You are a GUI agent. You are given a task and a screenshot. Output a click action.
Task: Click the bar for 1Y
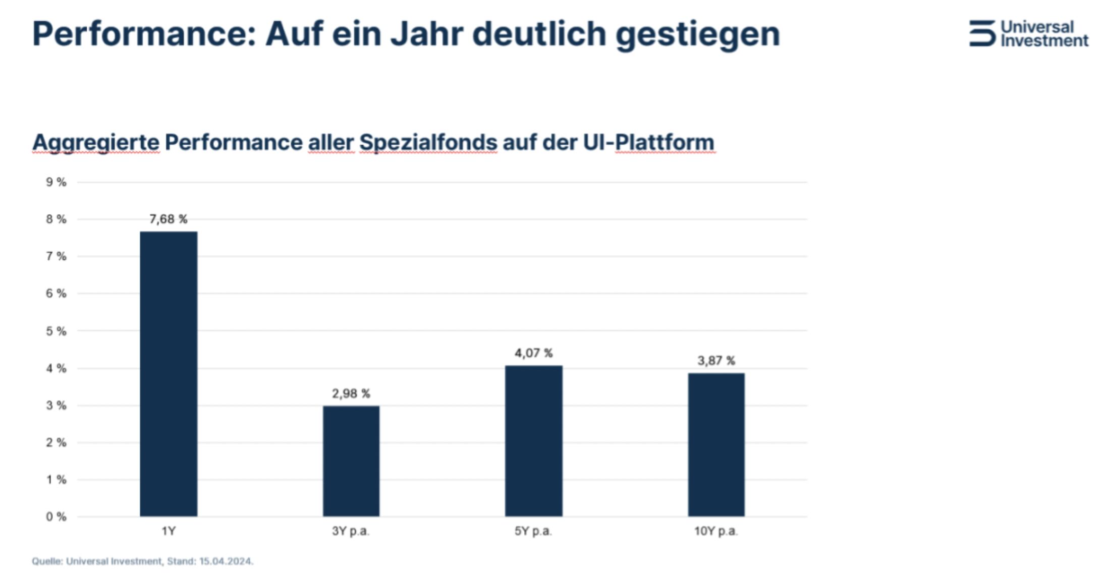pos(169,374)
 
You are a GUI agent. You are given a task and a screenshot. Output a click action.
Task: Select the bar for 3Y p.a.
pos(351,461)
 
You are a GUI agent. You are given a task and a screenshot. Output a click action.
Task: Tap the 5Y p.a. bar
pos(533,441)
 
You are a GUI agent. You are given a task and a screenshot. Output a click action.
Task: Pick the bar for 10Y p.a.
pos(716,444)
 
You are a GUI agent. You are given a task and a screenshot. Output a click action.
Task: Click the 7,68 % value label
pos(169,219)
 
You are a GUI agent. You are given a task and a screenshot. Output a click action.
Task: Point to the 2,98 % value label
pos(351,393)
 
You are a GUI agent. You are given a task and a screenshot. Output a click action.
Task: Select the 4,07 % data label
pos(533,353)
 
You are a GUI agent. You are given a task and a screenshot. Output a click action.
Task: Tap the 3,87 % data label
pos(716,361)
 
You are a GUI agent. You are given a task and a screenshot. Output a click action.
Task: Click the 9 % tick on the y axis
pos(56,182)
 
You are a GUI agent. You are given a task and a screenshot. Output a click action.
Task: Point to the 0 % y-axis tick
pos(56,516)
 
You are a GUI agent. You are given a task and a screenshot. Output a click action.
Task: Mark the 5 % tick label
pos(56,331)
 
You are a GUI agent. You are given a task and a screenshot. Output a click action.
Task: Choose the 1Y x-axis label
pos(169,531)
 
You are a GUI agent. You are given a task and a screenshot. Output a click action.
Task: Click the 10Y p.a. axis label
pos(716,531)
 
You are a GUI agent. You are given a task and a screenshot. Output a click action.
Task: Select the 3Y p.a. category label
pos(351,531)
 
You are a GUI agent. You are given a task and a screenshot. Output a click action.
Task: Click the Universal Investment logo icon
pos(982,33)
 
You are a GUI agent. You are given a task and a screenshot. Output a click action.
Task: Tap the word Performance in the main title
pos(144,34)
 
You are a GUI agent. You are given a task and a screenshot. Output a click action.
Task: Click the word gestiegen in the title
pos(698,34)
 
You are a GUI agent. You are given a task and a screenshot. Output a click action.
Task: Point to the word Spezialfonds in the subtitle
pos(428,142)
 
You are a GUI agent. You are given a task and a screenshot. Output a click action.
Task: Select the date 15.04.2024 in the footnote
pos(226,561)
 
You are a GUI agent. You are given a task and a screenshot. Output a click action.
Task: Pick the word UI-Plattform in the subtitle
pos(649,142)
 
